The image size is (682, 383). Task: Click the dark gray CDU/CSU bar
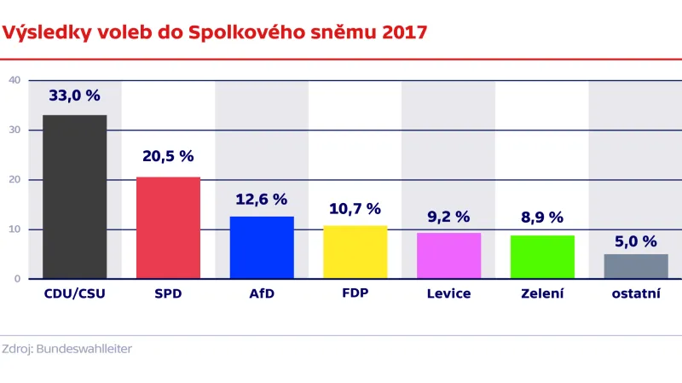(74, 197)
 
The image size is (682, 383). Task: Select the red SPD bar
(168, 228)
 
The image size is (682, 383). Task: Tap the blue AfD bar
(262, 247)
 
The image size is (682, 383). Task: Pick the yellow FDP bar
(355, 252)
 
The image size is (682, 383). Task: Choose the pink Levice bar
(448, 256)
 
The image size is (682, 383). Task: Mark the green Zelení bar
(542, 257)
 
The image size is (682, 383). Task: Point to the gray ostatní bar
(636, 266)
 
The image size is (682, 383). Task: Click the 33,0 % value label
(74, 96)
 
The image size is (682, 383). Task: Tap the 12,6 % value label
(262, 200)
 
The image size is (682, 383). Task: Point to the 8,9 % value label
(542, 218)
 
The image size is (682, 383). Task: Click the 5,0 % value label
(636, 241)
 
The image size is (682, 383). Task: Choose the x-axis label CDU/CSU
(74, 294)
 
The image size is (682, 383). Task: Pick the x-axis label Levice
(448, 294)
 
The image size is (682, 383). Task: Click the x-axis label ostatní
(636, 294)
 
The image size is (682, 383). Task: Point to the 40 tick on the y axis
(14, 80)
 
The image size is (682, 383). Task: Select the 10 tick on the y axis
(14, 229)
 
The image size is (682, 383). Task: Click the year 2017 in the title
(404, 33)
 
